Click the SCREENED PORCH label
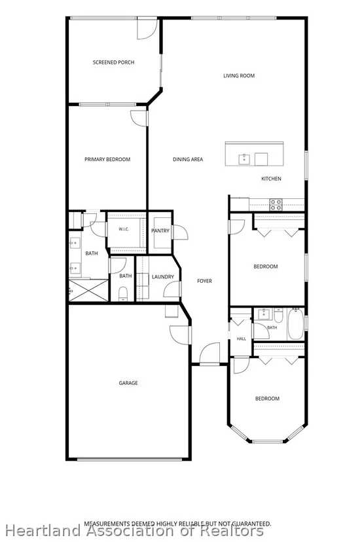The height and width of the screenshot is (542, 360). pos(113,62)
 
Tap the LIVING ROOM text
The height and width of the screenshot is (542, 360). pos(239,76)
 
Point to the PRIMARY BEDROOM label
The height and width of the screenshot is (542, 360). pos(107,159)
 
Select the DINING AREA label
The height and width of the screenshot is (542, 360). pos(188,159)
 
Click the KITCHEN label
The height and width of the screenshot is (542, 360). pos(271,179)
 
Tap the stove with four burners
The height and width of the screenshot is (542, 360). pos(276,205)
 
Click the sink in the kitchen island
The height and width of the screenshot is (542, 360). pos(244,159)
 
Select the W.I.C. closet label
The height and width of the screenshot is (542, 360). pos(124,229)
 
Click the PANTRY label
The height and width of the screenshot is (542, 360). pos(160,230)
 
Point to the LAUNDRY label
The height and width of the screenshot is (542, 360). pos(163,277)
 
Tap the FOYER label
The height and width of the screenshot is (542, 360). pos(204,281)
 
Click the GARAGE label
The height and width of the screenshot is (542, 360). pos(128,383)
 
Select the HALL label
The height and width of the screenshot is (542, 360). pos(242,339)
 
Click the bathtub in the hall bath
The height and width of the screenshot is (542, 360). pos(296,324)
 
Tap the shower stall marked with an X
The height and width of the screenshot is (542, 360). pos(89,291)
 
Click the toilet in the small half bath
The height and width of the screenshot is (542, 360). pos(123,294)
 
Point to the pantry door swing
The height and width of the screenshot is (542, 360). pos(181,232)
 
